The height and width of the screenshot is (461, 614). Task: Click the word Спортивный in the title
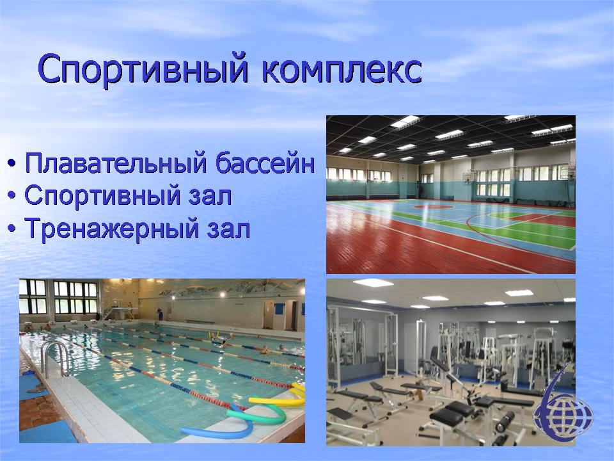pos(143,69)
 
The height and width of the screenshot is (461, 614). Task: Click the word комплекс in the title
pos(342,70)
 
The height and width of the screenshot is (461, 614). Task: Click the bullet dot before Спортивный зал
pos(12,195)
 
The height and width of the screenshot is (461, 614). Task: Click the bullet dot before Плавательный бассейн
pos(12,162)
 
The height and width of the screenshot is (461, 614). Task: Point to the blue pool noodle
pos(219,429)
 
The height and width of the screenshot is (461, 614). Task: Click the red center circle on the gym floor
pos(433,206)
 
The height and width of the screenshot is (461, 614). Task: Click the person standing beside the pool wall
pos(159,314)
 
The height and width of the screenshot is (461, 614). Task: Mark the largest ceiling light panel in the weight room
pos(373,282)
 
